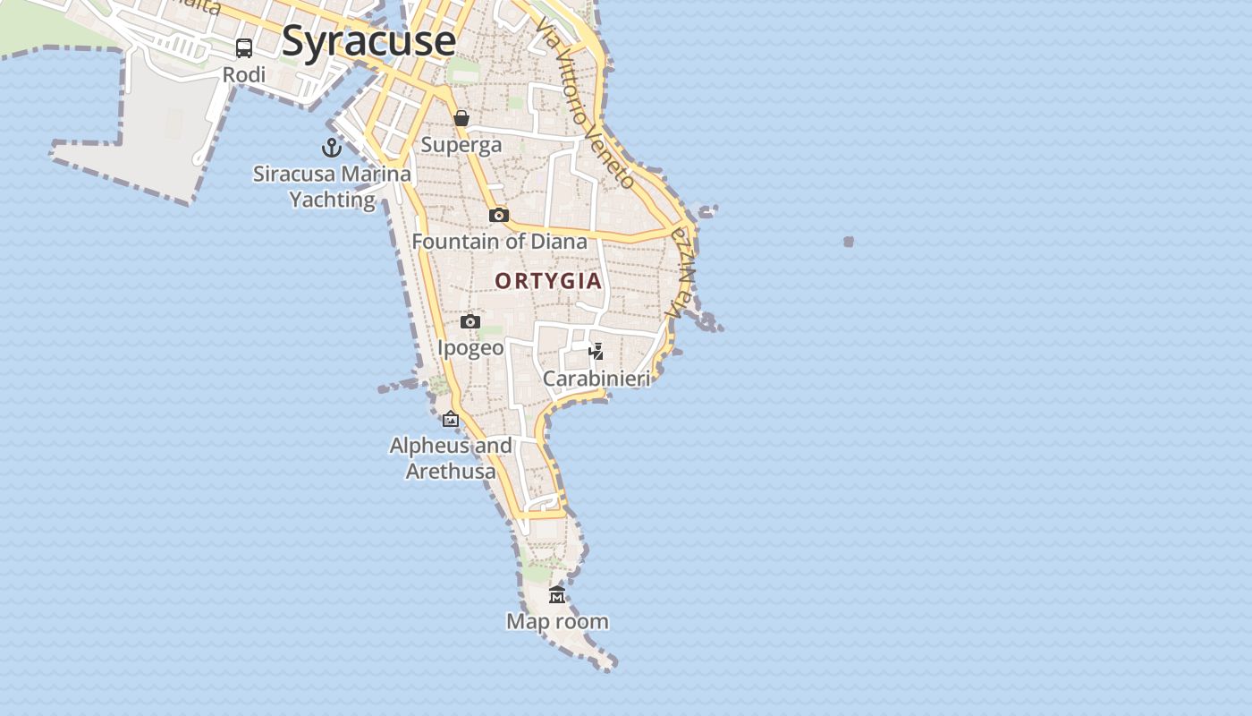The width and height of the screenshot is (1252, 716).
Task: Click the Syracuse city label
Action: tap(368, 41)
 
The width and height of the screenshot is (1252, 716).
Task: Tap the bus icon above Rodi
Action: tap(244, 48)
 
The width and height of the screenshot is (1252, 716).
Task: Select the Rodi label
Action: tap(244, 75)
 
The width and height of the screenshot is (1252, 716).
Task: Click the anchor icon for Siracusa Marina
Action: tap(332, 148)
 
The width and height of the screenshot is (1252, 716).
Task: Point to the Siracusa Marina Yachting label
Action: tap(332, 186)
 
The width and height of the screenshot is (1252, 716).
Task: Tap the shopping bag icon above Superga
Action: tap(461, 118)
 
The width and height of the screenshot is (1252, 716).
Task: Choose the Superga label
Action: tap(461, 145)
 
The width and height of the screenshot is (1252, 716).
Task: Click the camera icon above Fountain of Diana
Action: tap(499, 215)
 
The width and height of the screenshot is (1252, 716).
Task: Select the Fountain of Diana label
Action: tap(499, 242)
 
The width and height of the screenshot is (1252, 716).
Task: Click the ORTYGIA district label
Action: tap(548, 281)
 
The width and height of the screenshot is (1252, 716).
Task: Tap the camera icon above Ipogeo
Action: tap(470, 321)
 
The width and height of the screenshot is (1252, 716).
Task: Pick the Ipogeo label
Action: tap(470, 347)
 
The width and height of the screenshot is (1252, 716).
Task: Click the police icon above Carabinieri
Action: tap(596, 352)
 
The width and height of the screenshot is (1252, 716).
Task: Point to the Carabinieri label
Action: tap(596, 379)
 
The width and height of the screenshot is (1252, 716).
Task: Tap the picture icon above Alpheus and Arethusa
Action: tap(451, 419)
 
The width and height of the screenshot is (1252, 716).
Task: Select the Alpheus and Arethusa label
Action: tap(451, 458)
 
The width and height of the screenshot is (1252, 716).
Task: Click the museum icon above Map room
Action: tap(557, 594)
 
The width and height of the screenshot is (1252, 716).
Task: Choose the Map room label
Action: tap(557, 621)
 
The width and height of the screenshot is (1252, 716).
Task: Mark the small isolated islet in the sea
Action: tap(849, 242)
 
